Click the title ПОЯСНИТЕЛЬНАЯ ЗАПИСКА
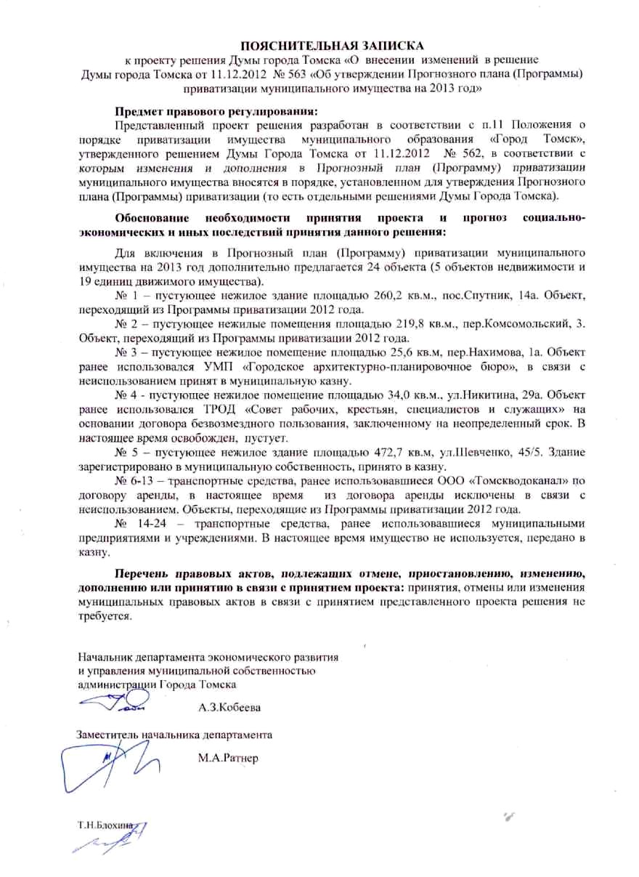(319, 46)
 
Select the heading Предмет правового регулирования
(216, 111)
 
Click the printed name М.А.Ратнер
(228, 758)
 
